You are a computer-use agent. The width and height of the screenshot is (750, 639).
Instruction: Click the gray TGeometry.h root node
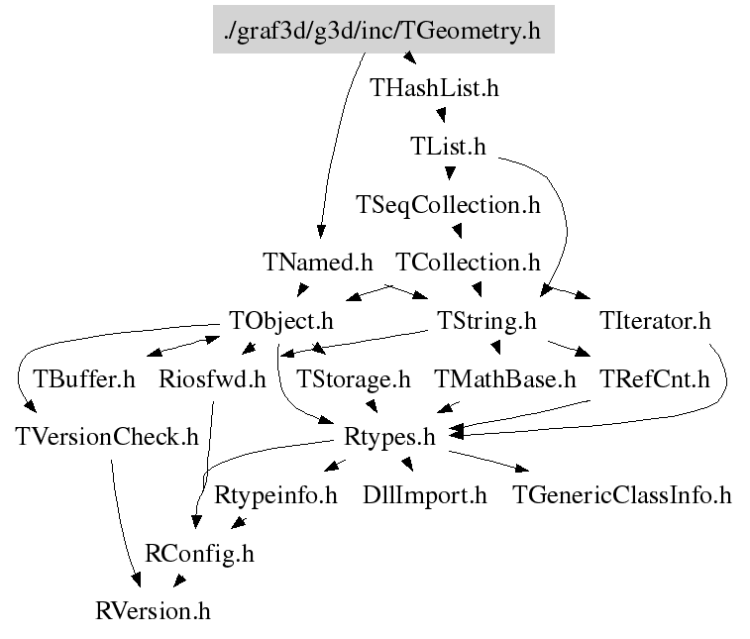point(383,31)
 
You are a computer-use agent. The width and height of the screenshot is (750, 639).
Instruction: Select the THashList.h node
point(434,88)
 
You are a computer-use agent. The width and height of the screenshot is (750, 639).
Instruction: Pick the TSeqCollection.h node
point(448,205)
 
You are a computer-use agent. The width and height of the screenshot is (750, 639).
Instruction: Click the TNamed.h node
point(318,263)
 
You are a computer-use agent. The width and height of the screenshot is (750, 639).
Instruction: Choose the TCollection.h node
point(468,263)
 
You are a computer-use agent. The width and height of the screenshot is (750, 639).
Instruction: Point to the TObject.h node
point(281,321)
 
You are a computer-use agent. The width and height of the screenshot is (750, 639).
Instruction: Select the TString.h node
point(486,321)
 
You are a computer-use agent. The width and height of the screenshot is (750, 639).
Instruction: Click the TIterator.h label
point(655,321)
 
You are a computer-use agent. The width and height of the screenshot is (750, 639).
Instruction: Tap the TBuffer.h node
point(84,378)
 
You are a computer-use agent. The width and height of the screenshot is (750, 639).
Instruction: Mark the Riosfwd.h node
point(213,378)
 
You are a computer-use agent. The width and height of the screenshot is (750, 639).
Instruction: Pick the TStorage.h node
point(354,378)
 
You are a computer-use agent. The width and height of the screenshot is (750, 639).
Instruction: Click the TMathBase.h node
point(505,378)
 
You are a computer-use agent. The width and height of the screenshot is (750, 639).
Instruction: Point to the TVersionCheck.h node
point(107,436)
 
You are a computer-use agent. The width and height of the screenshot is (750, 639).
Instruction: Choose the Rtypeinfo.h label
point(275,494)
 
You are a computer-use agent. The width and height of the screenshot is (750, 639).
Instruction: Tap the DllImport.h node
point(425,494)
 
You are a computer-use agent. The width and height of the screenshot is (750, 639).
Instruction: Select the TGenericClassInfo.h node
point(621,494)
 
